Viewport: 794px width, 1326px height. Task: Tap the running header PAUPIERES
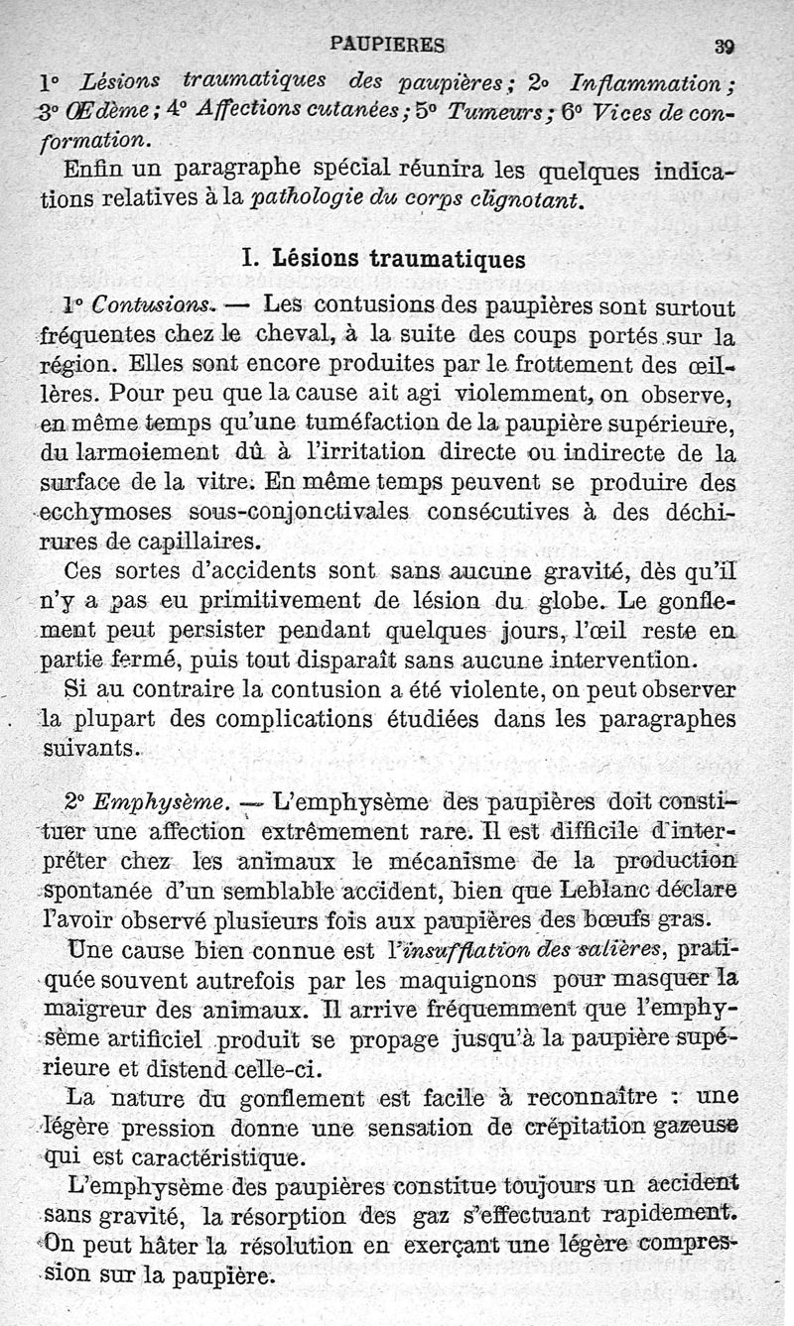[x=387, y=43]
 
